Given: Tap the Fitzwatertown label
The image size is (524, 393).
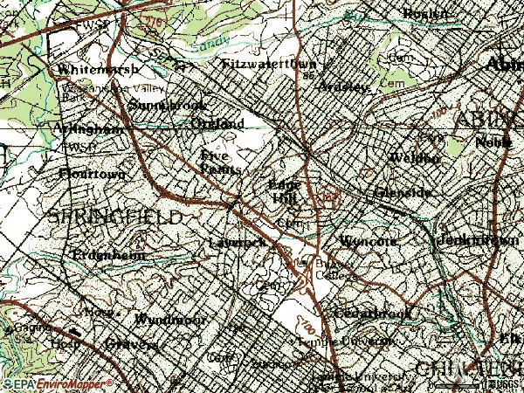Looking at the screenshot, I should [x=268, y=64].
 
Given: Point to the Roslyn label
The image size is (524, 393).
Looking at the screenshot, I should [x=425, y=13].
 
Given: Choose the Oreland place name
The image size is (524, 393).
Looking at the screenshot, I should [x=217, y=124].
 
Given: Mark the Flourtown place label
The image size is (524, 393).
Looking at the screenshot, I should [x=92, y=174].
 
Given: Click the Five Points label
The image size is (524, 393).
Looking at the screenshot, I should [x=220, y=161].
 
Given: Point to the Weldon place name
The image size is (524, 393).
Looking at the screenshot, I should [x=414, y=157].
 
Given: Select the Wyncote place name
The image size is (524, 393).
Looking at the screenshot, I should [x=370, y=239].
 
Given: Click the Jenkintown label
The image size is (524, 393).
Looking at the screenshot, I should [x=469, y=239].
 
